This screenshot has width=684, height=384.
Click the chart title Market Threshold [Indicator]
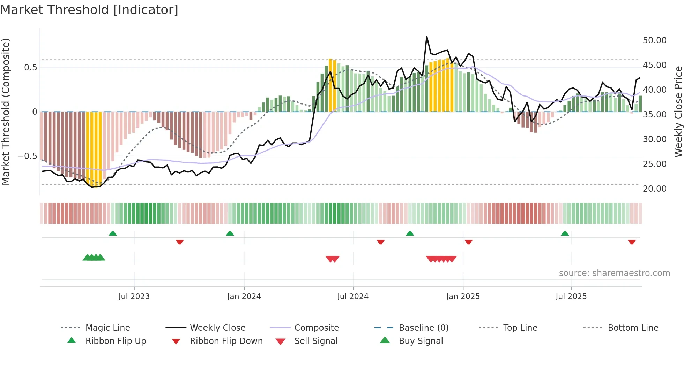click(89, 10)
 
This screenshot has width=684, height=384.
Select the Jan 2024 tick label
click(244, 297)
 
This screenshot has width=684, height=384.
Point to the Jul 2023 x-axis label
click(134, 297)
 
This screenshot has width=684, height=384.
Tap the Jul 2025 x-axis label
click(571, 297)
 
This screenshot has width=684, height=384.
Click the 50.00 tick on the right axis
click(654, 40)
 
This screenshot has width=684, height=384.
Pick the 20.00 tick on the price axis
click(654, 189)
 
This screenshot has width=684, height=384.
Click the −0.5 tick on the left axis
click(27, 156)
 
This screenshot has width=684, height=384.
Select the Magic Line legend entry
click(107, 328)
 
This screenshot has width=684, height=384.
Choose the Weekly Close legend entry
click(217, 328)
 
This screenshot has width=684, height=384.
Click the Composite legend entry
click(316, 328)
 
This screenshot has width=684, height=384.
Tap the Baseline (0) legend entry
click(423, 328)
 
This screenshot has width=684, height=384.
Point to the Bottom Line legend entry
click(633, 328)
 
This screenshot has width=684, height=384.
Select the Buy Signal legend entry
click(421, 341)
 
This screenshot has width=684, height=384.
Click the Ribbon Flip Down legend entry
click(226, 341)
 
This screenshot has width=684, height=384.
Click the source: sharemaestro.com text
click(614, 273)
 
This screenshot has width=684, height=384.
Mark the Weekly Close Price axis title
click(678, 112)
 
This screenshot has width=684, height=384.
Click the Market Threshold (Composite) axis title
click(6, 112)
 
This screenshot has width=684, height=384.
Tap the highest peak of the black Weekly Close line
click(426, 37)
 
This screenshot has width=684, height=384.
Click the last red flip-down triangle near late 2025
click(632, 242)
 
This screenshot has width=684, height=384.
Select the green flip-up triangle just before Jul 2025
click(565, 233)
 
